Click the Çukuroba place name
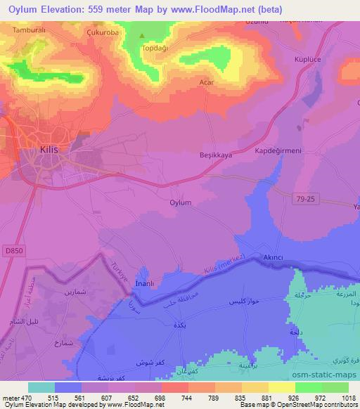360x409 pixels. [103, 32]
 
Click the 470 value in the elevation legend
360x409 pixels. [27, 397]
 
